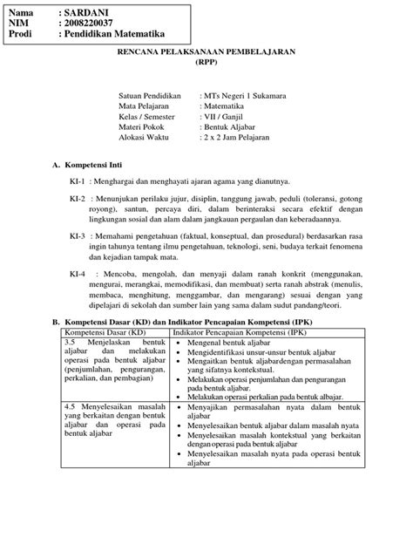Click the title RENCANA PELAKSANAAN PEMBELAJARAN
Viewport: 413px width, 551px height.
tap(206, 52)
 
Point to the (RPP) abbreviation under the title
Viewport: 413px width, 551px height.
tap(206, 64)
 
